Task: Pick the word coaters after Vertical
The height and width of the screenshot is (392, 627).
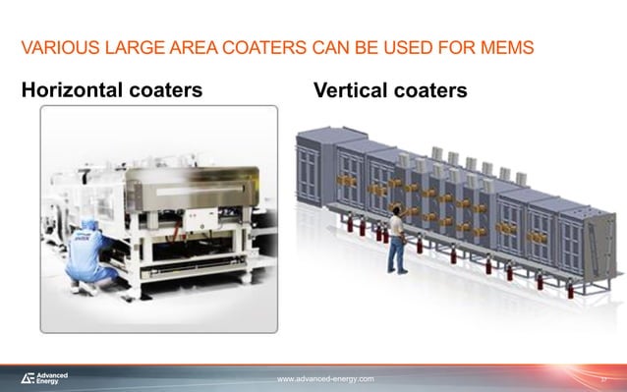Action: tap(428, 91)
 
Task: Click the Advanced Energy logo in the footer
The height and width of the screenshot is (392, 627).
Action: tap(44, 378)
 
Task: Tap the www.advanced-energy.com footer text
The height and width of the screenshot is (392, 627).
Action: tap(324, 378)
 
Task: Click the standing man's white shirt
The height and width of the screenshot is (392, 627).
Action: tap(396, 230)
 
